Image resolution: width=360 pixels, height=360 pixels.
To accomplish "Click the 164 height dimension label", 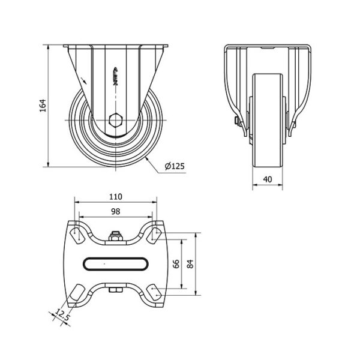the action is [x=43, y=106].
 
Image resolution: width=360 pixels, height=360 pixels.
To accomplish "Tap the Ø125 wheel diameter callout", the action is [x=175, y=166].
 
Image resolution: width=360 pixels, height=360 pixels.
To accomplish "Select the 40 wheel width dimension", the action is [x=268, y=179].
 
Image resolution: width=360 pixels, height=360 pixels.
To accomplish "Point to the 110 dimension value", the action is [x=115, y=197].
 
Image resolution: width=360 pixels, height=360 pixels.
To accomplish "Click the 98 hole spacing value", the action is [x=115, y=211].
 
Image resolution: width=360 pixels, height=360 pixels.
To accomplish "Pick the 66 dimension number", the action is [x=176, y=264].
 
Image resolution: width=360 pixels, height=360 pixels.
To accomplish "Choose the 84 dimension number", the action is [x=190, y=264].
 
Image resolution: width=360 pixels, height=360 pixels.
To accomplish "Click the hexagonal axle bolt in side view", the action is [x=116, y=120].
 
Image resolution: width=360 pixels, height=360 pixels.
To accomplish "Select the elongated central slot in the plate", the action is [x=115, y=264].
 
